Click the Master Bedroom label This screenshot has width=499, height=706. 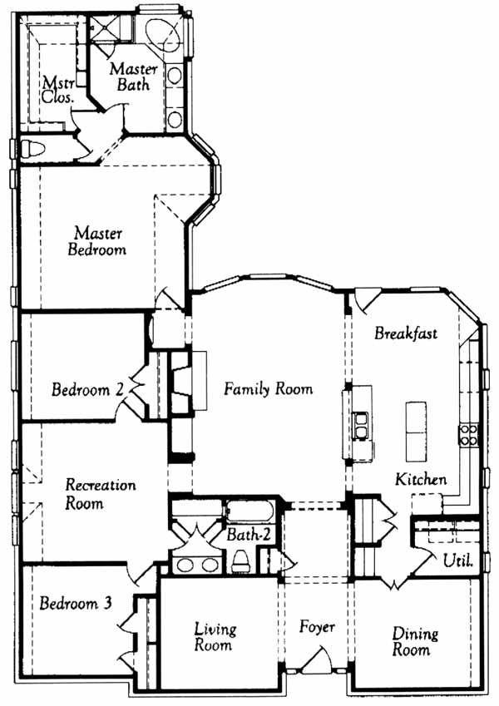tap(96, 241)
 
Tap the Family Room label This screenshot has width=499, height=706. tap(269, 389)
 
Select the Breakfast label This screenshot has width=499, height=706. tap(406, 333)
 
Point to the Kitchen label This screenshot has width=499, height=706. tap(421, 479)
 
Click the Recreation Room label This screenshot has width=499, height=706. tap(100, 493)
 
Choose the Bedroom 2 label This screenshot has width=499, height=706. tap(87, 389)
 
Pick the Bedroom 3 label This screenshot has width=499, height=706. tap(76, 603)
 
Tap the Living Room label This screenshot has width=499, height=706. tap(215, 637)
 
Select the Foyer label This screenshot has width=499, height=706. tap(317, 627)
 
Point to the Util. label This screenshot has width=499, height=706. tap(458, 560)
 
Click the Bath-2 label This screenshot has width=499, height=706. tap(249, 535)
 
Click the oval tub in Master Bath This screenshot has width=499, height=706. tap(164, 36)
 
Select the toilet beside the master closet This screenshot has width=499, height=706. tap(33, 148)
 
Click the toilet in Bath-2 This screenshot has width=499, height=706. tap(241, 561)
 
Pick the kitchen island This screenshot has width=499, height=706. tap(416, 432)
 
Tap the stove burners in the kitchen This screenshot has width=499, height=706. tap(468, 435)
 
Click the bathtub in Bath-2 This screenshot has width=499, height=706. tap(249, 511)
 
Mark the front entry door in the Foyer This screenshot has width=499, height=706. tap(318, 661)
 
